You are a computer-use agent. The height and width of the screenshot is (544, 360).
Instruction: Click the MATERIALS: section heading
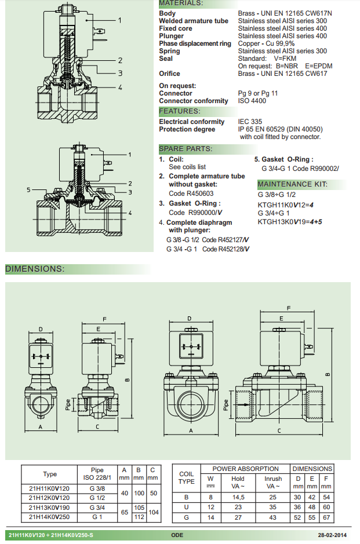[x=181, y=3]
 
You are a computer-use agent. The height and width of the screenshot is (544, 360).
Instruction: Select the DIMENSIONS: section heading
[x=35, y=269]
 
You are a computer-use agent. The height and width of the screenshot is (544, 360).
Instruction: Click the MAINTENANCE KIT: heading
[x=292, y=185]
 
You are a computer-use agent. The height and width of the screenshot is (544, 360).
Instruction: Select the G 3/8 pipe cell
[x=97, y=488]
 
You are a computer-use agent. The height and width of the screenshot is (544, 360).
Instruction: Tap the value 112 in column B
[x=139, y=517]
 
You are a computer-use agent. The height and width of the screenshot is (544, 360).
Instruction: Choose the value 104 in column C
[x=152, y=512]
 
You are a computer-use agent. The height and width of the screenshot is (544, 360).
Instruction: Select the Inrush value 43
[x=273, y=517]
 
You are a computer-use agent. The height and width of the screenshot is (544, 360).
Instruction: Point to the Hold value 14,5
[x=238, y=497]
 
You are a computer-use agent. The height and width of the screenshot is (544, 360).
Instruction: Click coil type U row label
[x=186, y=507]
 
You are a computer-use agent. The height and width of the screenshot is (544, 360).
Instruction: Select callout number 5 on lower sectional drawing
[x=28, y=189]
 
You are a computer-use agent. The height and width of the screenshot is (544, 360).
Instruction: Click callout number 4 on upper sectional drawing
[x=120, y=87]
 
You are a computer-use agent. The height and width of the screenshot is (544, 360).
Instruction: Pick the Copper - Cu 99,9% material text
[x=266, y=43]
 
